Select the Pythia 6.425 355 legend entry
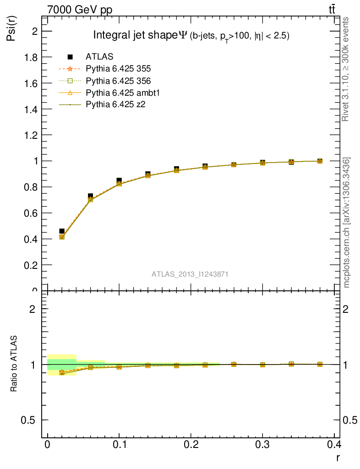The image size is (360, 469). [x=118, y=69]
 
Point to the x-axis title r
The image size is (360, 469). [x=338, y=457]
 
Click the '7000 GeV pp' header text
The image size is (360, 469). [x=80, y=9]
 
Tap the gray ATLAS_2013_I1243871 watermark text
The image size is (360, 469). [x=190, y=274]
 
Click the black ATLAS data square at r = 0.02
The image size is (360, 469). [x=62, y=231]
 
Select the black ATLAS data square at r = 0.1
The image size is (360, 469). [x=119, y=180]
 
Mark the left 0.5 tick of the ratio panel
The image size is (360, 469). [x=31, y=420]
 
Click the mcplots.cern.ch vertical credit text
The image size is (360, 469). [x=347, y=223]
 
